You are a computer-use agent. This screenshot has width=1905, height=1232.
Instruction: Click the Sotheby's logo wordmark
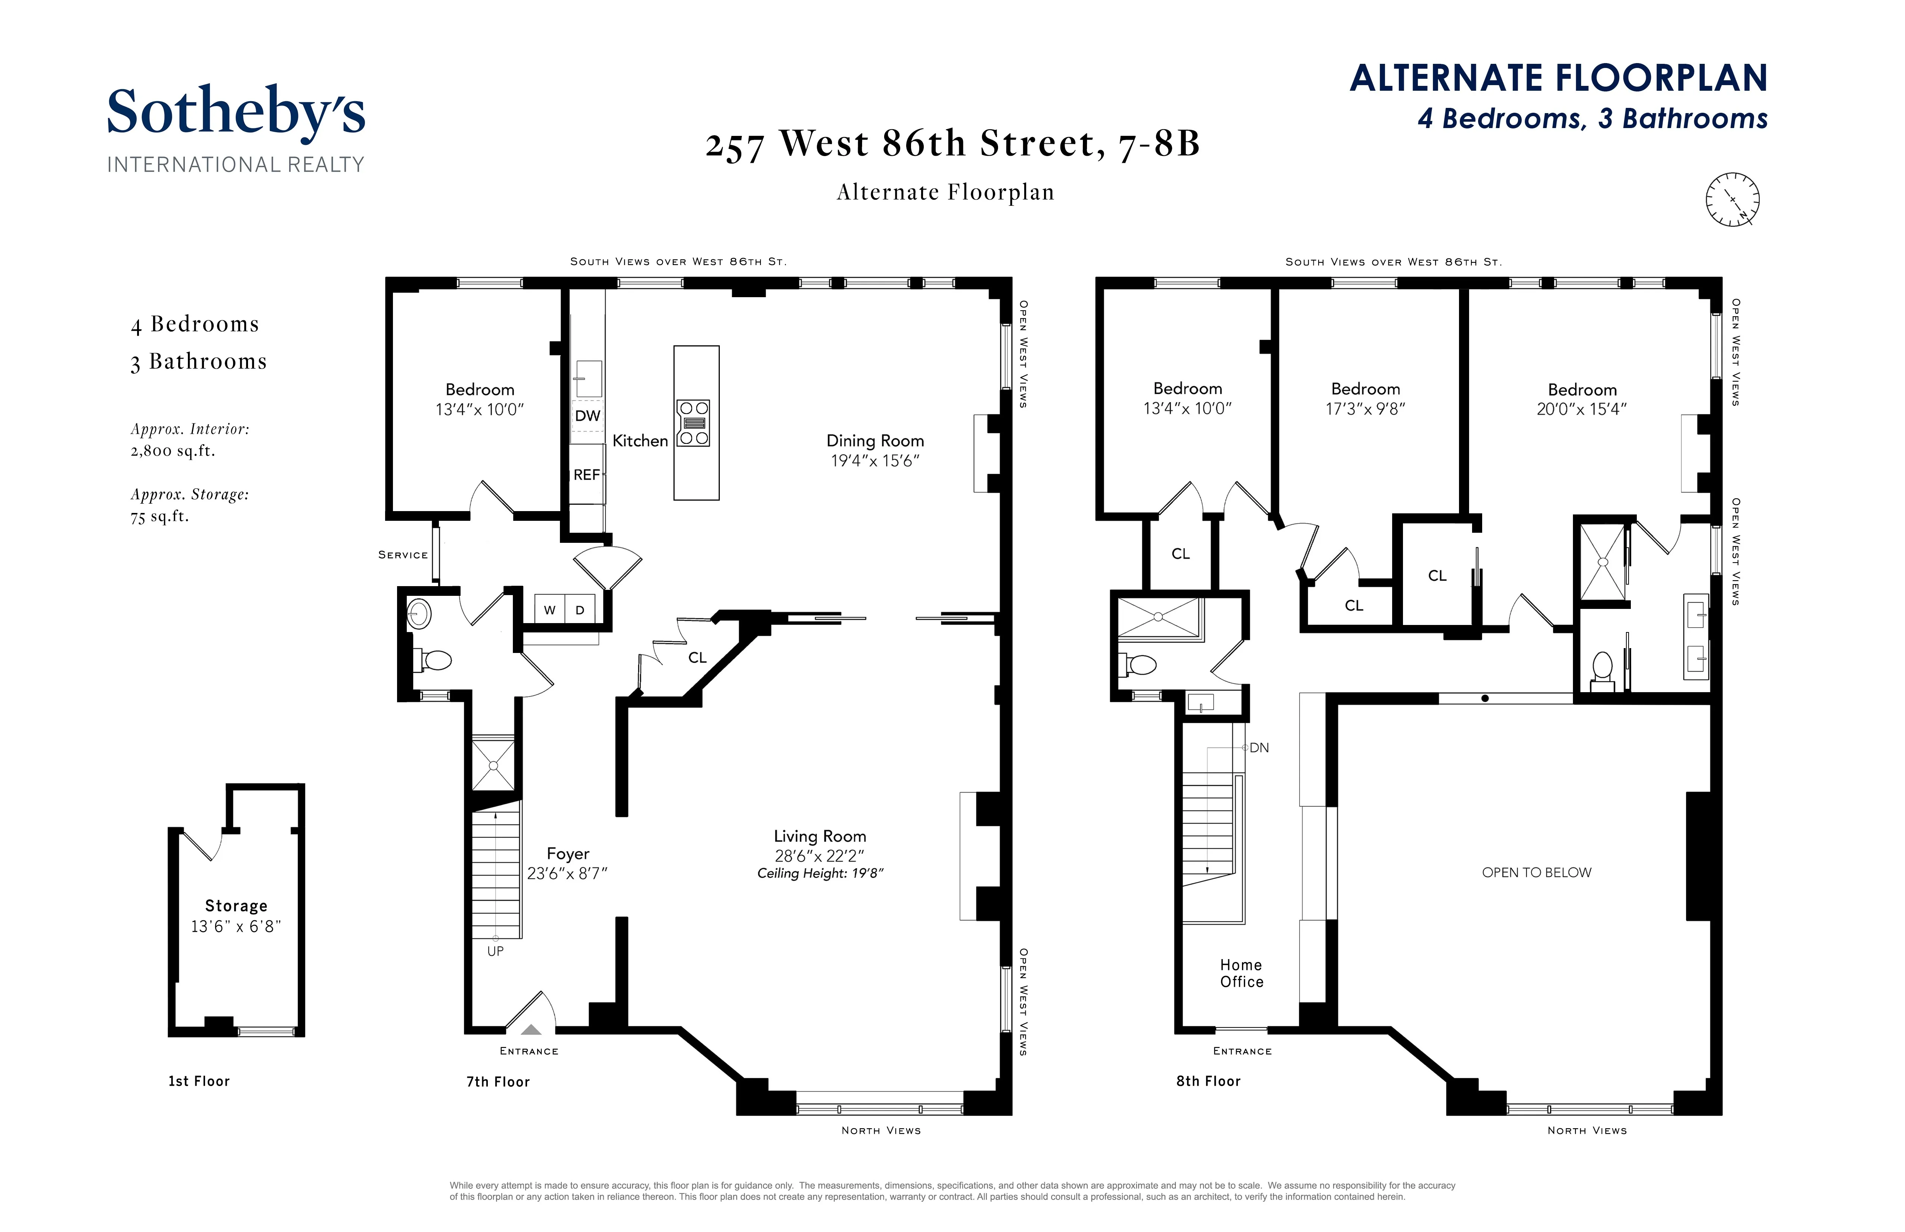point(236,112)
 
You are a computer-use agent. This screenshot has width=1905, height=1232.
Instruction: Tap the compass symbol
point(1732,199)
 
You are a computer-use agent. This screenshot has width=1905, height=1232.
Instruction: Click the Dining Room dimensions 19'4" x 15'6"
point(875,461)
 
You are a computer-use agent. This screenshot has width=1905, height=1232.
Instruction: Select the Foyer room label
point(567,853)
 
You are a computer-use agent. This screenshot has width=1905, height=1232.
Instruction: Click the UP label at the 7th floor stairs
point(495,951)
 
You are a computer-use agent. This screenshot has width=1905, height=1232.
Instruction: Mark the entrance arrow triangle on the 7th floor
point(532,1030)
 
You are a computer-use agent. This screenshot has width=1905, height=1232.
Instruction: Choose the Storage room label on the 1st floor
point(236,906)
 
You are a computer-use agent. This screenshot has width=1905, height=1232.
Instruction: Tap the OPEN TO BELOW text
point(1536,873)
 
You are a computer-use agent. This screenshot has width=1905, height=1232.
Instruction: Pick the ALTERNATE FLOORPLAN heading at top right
point(1558,78)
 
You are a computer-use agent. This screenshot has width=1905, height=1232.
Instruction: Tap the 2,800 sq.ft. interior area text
point(173,451)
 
